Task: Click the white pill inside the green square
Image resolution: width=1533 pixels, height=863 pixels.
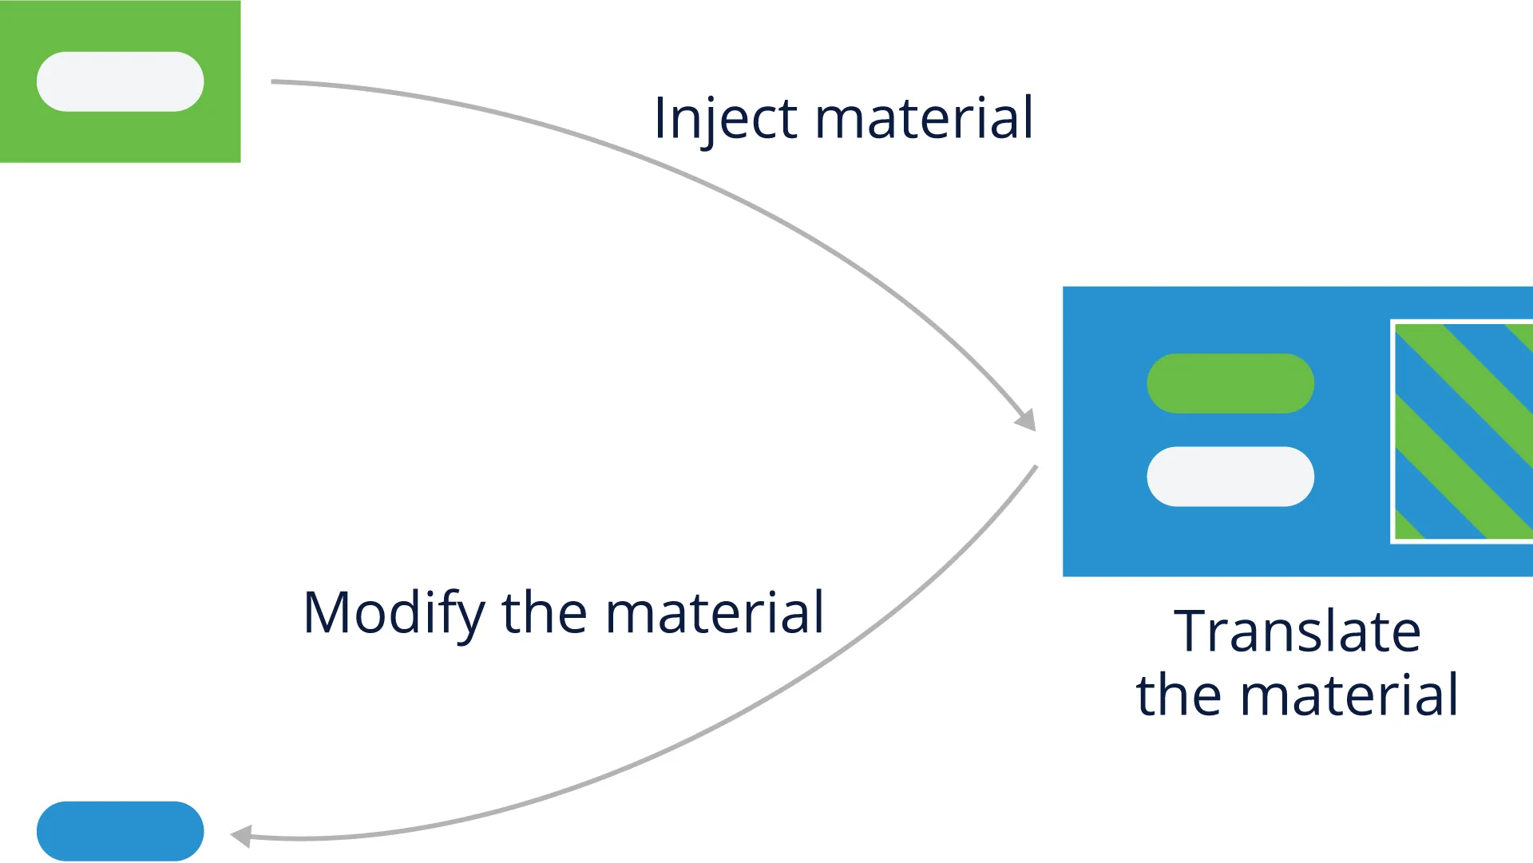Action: (121, 81)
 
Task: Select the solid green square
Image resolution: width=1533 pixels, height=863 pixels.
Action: (120, 81)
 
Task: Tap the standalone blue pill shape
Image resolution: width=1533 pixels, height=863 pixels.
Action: (121, 831)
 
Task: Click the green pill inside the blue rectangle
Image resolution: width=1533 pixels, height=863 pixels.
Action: (1230, 383)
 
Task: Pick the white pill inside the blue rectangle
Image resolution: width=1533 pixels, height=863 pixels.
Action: (1230, 477)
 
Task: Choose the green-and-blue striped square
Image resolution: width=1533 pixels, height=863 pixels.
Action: (1463, 431)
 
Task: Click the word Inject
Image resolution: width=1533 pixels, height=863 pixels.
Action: (725, 118)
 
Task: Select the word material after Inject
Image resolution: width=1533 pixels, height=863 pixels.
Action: (924, 118)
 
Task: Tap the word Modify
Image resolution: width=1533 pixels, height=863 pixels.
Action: (394, 613)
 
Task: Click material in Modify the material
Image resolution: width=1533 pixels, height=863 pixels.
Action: (715, 613)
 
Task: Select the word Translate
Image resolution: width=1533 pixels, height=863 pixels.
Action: (1297, 631)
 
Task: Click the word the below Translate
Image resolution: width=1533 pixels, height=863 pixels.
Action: (1180, 695)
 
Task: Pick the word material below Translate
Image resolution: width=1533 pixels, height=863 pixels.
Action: (1349, 695)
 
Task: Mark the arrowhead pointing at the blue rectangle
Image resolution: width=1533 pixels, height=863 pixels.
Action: (1025, 420)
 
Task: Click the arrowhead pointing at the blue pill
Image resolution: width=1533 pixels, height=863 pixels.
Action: (241, 836)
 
